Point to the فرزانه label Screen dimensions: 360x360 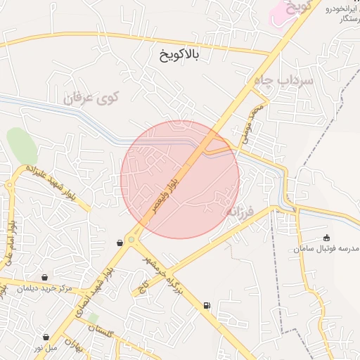point(239,209)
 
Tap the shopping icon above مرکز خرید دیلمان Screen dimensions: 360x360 point(46,277)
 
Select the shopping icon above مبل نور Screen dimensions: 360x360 point(46,337)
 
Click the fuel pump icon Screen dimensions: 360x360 point(206,305)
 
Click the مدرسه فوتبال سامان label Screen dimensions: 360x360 point(324,250)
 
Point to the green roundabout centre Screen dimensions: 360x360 point(131,240)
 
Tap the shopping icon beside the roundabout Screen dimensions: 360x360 point(120,243)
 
